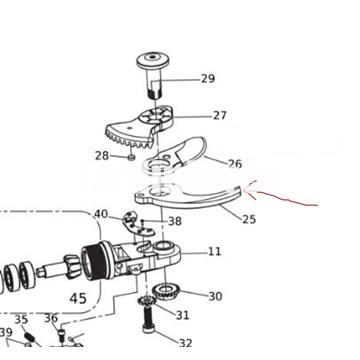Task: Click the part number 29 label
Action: tap(208, 79)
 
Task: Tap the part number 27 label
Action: tap(220, 115)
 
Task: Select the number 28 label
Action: tap(102, 155)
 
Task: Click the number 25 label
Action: tap(249, 219)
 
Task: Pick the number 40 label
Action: tap(101, 214)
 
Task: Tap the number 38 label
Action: tap(175, 221)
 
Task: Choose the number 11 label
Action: tap(214, 251)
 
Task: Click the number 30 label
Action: tap(215, 296)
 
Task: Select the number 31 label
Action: tap(182, 315)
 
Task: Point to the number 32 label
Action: tap(186, 343)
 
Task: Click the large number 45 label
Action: tap(78, 298)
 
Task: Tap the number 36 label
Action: tap(51, 318)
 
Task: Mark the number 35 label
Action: tap(21, 319)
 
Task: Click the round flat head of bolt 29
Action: tap(153, 61)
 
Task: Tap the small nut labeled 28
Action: tap(132, 157)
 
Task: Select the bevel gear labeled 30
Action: tap(166, 291)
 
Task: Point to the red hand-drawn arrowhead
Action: tap(249, 190)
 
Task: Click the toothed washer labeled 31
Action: tap(147, 301)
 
